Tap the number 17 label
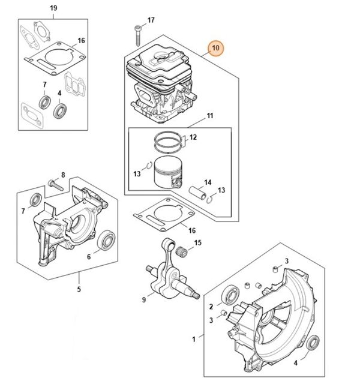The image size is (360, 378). pyautogui.click(x=151, y=20)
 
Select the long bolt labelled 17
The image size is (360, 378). pyautogui.click(x=137, y=34)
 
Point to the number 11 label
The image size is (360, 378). pyautogui.click(x=210, y=115)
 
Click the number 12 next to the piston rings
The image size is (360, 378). pyautogui.click(x=193, y=137)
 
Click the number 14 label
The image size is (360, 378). pyautogui.click(x=208, y=182)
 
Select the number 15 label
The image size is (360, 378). pyautogui.click(x=197, y=243)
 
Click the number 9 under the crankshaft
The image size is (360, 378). pyautogui.click(x=144, y=300)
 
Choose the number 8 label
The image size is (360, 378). pyautogui.click(x=63, y=175)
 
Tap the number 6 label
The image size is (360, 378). pyautogui.click(x=89, y=256)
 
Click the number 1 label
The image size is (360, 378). pyautogui.click(x=193, y=340)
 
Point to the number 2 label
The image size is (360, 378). pyautogui.click(x=211, y=307)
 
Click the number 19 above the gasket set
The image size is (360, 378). pyautogui.click(x=53, y=8)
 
